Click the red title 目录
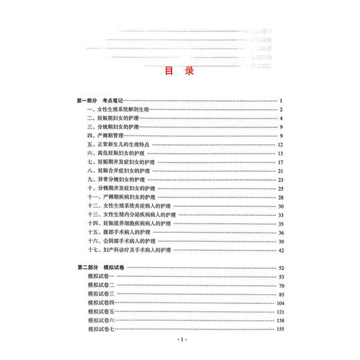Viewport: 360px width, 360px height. (x=179, y=71)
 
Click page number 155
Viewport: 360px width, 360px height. (x=280, y=329)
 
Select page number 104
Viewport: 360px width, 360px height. (x=280, y=303)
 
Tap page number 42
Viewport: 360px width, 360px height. (x=282, y=249)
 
